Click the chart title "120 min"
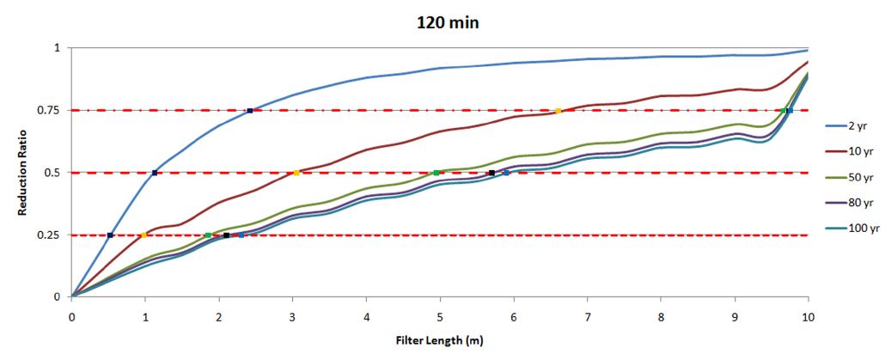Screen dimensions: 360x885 point(442,22)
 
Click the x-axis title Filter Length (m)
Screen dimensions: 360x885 point(439,340)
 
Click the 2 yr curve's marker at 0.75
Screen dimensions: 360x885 point(249,111)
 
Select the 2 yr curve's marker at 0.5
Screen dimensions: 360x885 point(155,173)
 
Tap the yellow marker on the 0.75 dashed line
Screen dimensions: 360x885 point(558,111)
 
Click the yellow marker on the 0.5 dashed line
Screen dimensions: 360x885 point(296,173)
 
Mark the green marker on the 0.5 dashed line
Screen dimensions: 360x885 point(436,173)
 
